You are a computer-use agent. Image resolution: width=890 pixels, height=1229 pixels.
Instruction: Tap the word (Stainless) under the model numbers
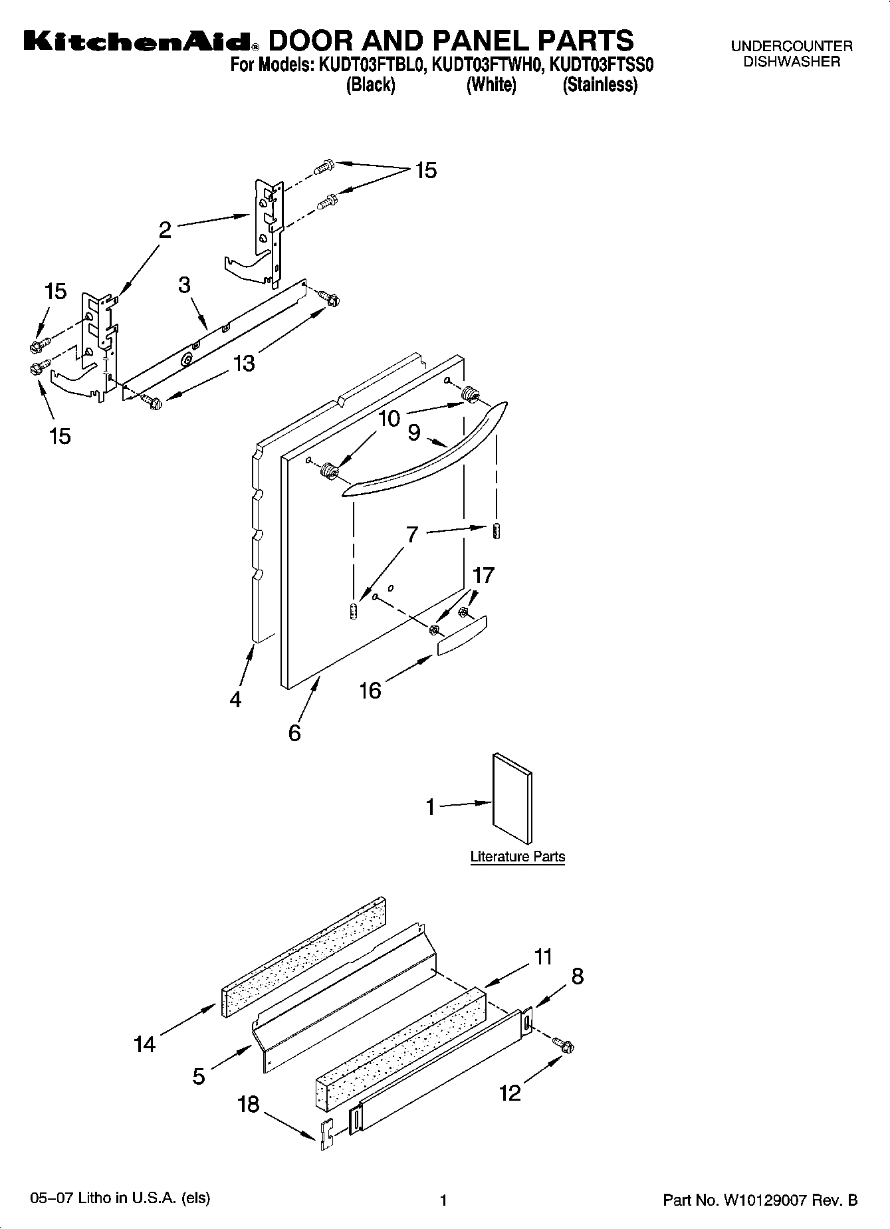tap(600, 85)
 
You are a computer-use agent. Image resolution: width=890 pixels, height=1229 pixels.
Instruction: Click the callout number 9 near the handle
tap(413, 433)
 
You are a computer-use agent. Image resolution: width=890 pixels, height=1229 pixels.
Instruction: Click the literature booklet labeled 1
tap(512, 798)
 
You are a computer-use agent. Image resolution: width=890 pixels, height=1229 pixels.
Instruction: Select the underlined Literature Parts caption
tap(517, 857)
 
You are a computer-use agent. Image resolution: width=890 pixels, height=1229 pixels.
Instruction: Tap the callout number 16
tap(370, 691)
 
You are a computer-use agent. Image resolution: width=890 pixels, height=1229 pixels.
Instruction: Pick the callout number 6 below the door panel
tap(294, 733)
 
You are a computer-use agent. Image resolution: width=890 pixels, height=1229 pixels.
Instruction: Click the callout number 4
tap(235, 699)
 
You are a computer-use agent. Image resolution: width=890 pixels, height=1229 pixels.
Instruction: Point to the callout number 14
tap(144, 1044)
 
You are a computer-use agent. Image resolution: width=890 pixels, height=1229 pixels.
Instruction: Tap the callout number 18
tap(248, 1104)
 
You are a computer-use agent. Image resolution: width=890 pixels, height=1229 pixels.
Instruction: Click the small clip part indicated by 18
tap(326, 1136)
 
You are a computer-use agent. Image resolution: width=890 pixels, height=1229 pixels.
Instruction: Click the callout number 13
tap(244, 364)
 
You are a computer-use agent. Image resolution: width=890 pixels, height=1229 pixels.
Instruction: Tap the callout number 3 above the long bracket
tap(184, 284)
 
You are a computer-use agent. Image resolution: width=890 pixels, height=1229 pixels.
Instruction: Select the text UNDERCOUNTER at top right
tap(791, 47)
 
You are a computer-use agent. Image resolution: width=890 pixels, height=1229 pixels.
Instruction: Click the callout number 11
tap(543, 956)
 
